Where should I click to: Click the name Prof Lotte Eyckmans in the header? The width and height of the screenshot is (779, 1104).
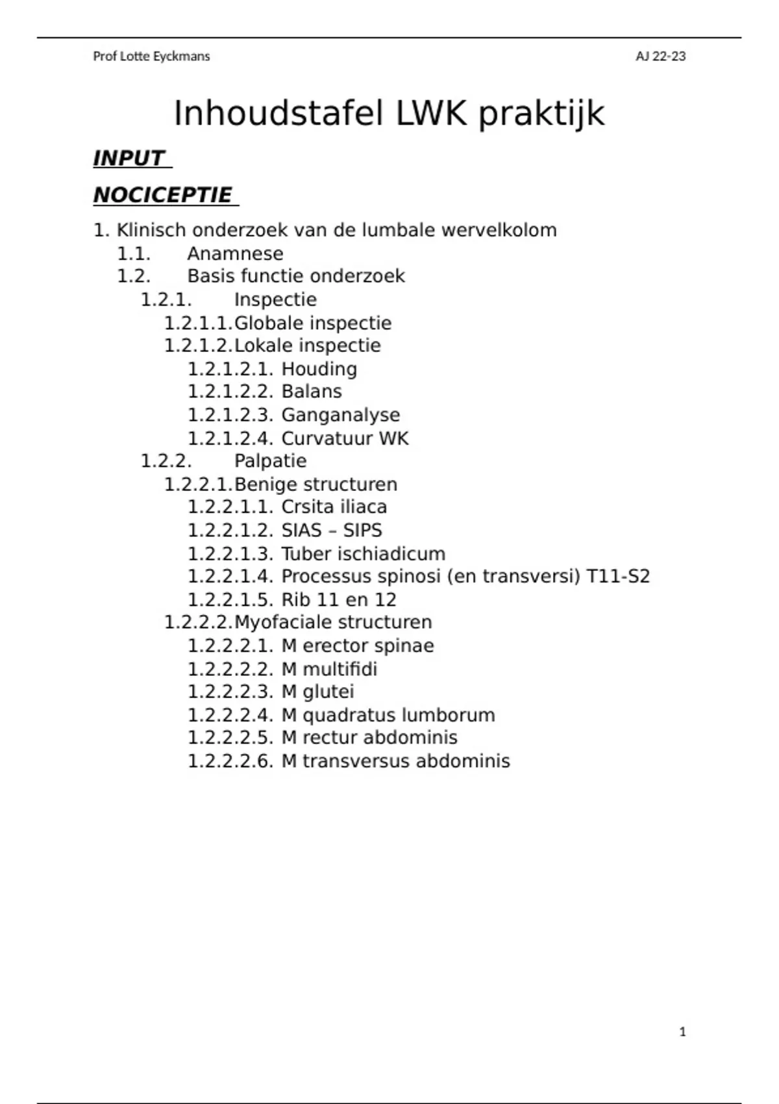pyautogui.click(x=151, y=56)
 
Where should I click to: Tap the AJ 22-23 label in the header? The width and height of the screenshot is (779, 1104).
pyautogui.click(x=660, y=56)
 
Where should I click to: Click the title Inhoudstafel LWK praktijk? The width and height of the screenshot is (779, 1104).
pyautogui.click(x=389, y=114)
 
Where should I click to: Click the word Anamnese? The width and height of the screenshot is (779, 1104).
pyautogui.click(x=235, y=253)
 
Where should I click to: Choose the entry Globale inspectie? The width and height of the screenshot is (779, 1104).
pyautogui.click(x=312, y=323)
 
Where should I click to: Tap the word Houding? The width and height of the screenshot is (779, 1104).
pyautogui.click(x=319, y=369)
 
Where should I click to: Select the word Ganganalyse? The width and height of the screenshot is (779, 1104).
pyautogui.click(x=340, y=415)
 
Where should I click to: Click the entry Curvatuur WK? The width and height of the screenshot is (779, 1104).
pyautogui.click(x=345, y=438)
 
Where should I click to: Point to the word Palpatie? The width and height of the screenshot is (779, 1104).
pyautogui.click(x=270, y=461)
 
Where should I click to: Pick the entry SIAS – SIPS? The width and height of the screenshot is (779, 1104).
pyautogui.click(x=331, y=531)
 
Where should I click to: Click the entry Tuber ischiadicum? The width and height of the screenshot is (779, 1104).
pyautogui.click(x=363, y=554)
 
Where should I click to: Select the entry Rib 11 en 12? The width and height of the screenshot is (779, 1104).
pyautogui.click(x=338, y=600)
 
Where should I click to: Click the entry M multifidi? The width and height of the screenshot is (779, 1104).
pyautogui.click(x=328, y=669)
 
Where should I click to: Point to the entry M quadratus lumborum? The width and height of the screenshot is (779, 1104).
pyautogui.click(x=388, y=715)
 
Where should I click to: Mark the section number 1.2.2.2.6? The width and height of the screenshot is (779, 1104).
pyautogui.click(x=230, y=761)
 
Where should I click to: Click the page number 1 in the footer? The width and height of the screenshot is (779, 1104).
pyautogui.click(x=682, y=1031)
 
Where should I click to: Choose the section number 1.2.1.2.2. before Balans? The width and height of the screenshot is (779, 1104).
pyautogui.click(x=230, y=392)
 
